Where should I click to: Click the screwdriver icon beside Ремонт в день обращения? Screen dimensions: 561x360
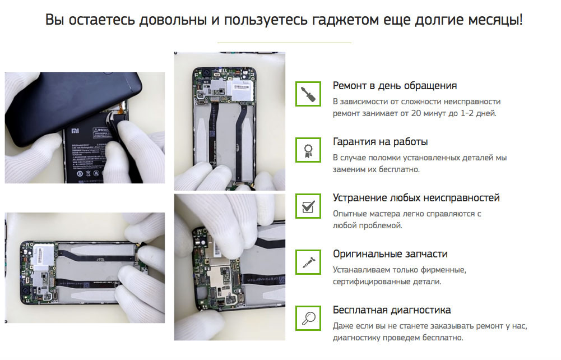308,94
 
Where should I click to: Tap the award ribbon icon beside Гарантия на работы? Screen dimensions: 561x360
308,150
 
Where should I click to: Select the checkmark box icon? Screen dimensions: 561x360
308,206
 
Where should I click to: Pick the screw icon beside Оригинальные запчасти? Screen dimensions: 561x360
308,262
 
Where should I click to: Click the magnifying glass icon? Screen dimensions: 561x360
308,318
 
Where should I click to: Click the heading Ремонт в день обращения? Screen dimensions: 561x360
395,86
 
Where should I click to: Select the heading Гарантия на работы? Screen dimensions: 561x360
380,142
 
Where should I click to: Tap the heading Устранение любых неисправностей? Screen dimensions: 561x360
416,198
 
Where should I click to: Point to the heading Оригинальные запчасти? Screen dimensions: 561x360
390,254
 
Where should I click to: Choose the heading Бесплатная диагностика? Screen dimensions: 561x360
391,310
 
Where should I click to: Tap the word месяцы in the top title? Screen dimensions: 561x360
493,21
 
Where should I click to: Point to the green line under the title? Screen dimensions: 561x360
284,43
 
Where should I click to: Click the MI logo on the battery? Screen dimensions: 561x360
75,131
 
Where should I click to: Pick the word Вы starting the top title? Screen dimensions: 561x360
54,20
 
